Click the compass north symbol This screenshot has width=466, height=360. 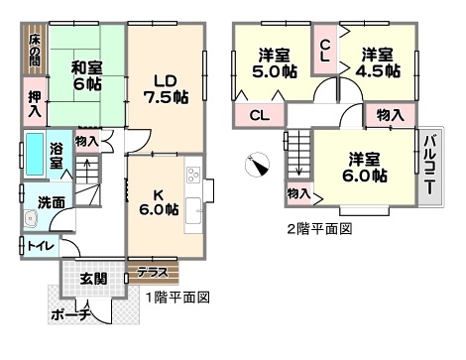(257, 165)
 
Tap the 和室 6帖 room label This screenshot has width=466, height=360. (87, 76)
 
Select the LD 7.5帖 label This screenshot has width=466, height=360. (166, 89)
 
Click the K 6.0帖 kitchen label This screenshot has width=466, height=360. (159, 202)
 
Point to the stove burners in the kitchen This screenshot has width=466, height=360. (193, 175)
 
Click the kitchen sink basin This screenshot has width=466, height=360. (193, 210)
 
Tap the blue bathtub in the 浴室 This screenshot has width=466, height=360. (35, 154)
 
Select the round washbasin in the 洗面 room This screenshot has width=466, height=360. (31, 219)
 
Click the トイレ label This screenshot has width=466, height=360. (41, 246)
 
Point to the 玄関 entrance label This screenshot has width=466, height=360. (93, 279)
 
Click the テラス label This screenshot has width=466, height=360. (153, 273)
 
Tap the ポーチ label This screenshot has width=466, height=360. (70, 314)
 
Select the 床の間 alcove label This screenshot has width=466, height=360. (35, 50)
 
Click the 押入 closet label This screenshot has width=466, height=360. (35, 104)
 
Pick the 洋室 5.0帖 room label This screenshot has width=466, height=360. (275, 63)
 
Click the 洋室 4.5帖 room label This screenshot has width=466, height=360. (378, 62)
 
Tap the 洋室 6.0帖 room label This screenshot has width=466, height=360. (364, 168)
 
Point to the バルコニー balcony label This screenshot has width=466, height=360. (430, 165)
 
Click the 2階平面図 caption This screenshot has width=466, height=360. (319, 229)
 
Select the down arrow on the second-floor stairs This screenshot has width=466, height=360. (298, 153)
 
